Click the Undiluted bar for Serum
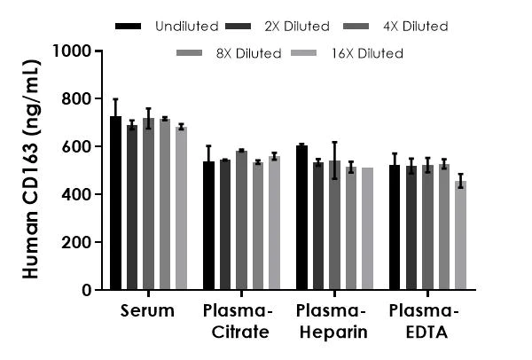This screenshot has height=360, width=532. (x=115, y=203)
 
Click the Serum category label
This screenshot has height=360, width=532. (x=148, y=311)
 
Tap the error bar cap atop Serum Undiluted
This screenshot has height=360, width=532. (x=115, y=99)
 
